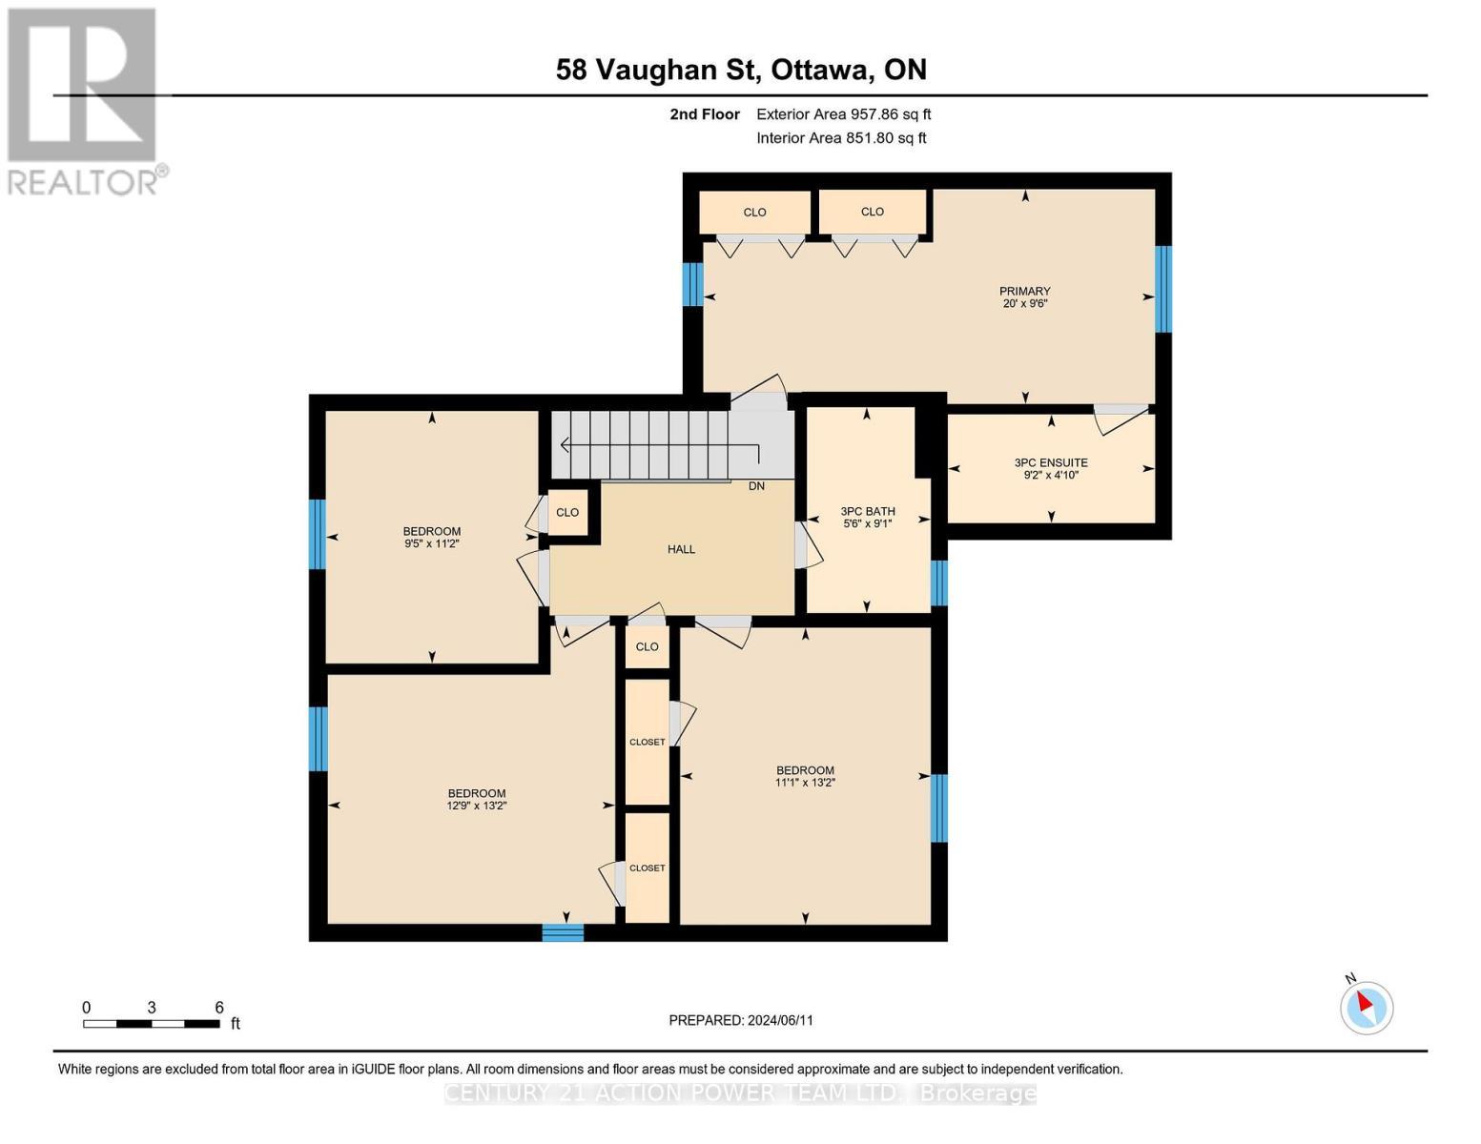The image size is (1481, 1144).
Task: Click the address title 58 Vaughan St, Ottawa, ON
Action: [741, 70]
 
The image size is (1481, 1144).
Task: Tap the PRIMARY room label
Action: [1024, 292]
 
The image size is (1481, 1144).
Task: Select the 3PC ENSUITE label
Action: [1051, 462]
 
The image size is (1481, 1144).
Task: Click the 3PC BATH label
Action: [867, 511]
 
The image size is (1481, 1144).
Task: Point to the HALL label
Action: [681, 549]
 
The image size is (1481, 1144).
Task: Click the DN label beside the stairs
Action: [756, 486]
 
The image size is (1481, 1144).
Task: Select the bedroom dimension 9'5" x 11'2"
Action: [432, 543]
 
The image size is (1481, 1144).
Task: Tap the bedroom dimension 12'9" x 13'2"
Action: [477, 806]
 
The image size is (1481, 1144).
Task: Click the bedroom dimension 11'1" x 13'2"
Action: [805, 783]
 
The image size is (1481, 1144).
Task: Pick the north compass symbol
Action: [1367, 1007]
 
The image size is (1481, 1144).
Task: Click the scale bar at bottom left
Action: [152, 1024]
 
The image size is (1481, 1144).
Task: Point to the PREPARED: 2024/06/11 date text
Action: [741, 1020]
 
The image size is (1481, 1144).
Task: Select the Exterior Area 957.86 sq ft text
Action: [843, 114]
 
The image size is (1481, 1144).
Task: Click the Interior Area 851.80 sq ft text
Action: [841, 138]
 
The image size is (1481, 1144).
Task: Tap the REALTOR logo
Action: [84, 100]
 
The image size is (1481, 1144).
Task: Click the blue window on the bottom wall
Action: [563, 932]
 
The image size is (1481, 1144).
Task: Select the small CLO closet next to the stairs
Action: [567, 513]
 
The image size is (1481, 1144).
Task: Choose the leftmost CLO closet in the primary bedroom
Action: [754, 212]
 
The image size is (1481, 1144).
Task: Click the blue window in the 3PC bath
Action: [939, 583]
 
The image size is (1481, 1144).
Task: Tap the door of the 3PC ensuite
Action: [1120, 418]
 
